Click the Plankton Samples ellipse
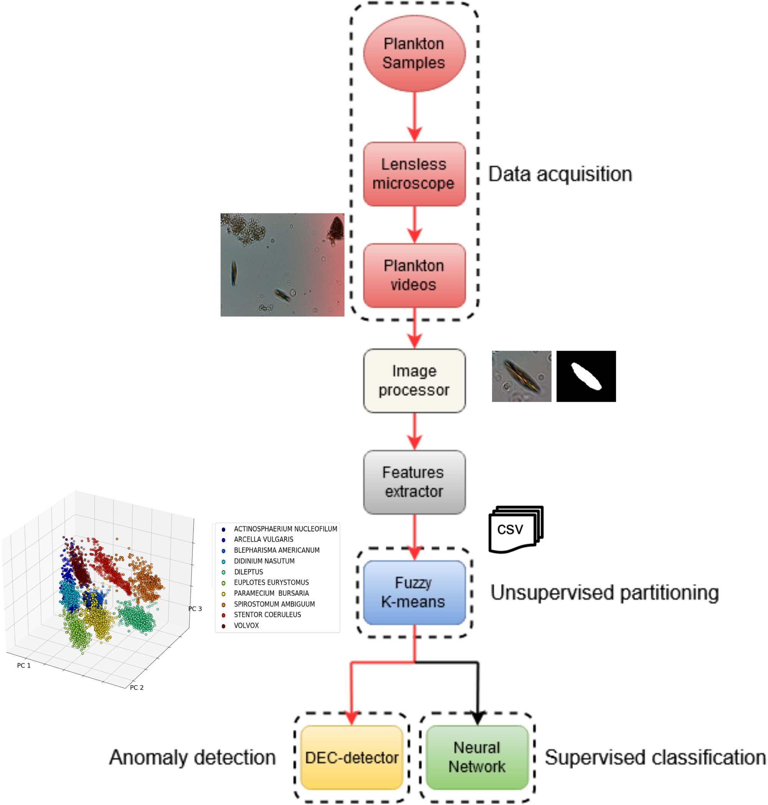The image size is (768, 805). coord(414,53)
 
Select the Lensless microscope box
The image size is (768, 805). coord(414,174)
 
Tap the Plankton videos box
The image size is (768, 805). coord(414,275)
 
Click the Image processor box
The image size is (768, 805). coord(414,380)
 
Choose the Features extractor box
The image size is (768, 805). coord(414,482)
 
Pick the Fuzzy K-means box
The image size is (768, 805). coord(414,592)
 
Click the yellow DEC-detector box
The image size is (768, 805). coord(352,757)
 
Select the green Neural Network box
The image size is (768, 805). coord(477,757)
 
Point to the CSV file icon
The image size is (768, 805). coord(515,529)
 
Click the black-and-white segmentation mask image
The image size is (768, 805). coord(586,376)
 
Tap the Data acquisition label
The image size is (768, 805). coord(560,174)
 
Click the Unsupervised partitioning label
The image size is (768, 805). coord(604,592)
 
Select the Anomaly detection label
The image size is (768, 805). coord(192,757)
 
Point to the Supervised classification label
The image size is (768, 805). coord(655,757)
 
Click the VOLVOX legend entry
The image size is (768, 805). coord(246,625)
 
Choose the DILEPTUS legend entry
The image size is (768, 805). coord(248,572)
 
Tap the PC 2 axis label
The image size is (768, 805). coord(137,688)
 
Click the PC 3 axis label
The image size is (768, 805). coord(195,609)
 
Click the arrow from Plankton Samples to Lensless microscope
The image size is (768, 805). coord(414,117)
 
